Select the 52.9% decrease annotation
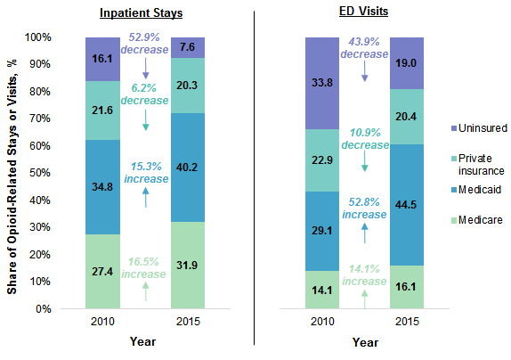[146, 45]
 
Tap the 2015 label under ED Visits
[407, 321]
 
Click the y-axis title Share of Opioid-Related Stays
[12, 173]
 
